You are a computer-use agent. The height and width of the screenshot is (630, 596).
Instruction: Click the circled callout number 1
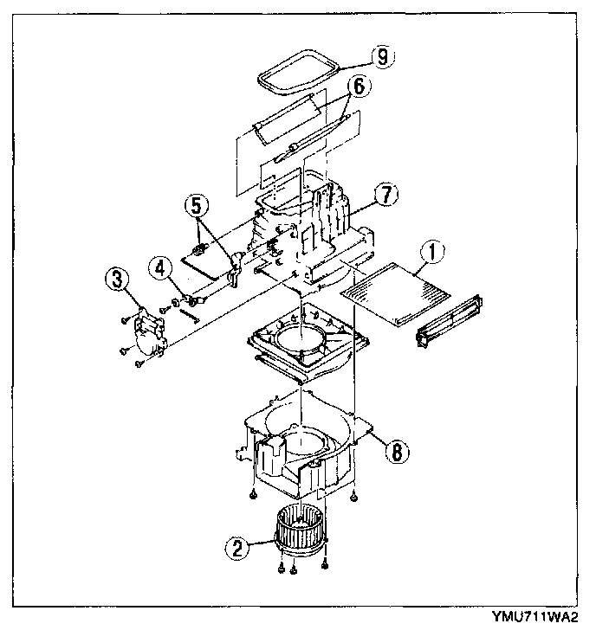click(x=432, y=253)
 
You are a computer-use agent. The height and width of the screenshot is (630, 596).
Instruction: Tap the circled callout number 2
click(x=237, y=548)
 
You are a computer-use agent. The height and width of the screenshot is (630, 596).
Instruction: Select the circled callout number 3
click(x=118, y=280)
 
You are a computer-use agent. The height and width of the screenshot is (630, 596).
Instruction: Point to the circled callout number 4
click(x=160, y=268)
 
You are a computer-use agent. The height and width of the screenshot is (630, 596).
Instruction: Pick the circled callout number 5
click(x=197, y=206)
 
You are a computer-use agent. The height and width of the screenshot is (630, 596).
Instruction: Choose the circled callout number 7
click(x=386, y=195)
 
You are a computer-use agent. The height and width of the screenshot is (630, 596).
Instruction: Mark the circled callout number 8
click(x=397, y=452)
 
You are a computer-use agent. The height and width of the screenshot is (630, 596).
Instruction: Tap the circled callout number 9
click(x=382, y=57)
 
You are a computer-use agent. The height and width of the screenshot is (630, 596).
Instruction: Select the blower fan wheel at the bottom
click(x=301, y=530)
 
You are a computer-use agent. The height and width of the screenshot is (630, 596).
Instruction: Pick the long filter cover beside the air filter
click(x=450, y=321)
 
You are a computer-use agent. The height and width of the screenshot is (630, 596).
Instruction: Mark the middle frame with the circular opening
click(x=308, y=341)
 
